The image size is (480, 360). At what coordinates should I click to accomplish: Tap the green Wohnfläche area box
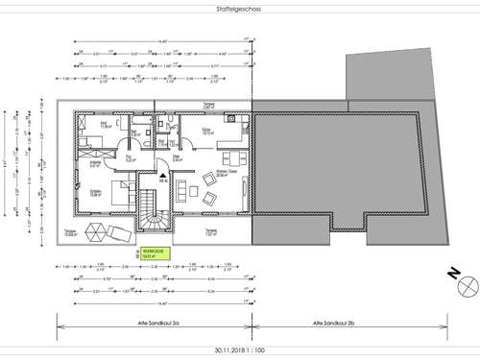pos(153,255)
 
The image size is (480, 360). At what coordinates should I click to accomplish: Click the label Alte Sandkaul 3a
pos(152,326)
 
